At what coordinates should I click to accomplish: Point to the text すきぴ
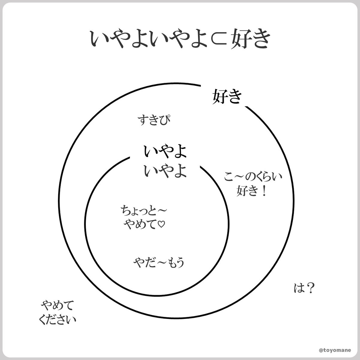point(154,121)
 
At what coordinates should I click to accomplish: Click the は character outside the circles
point(299,289)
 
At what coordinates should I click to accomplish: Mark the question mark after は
point(310,289)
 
